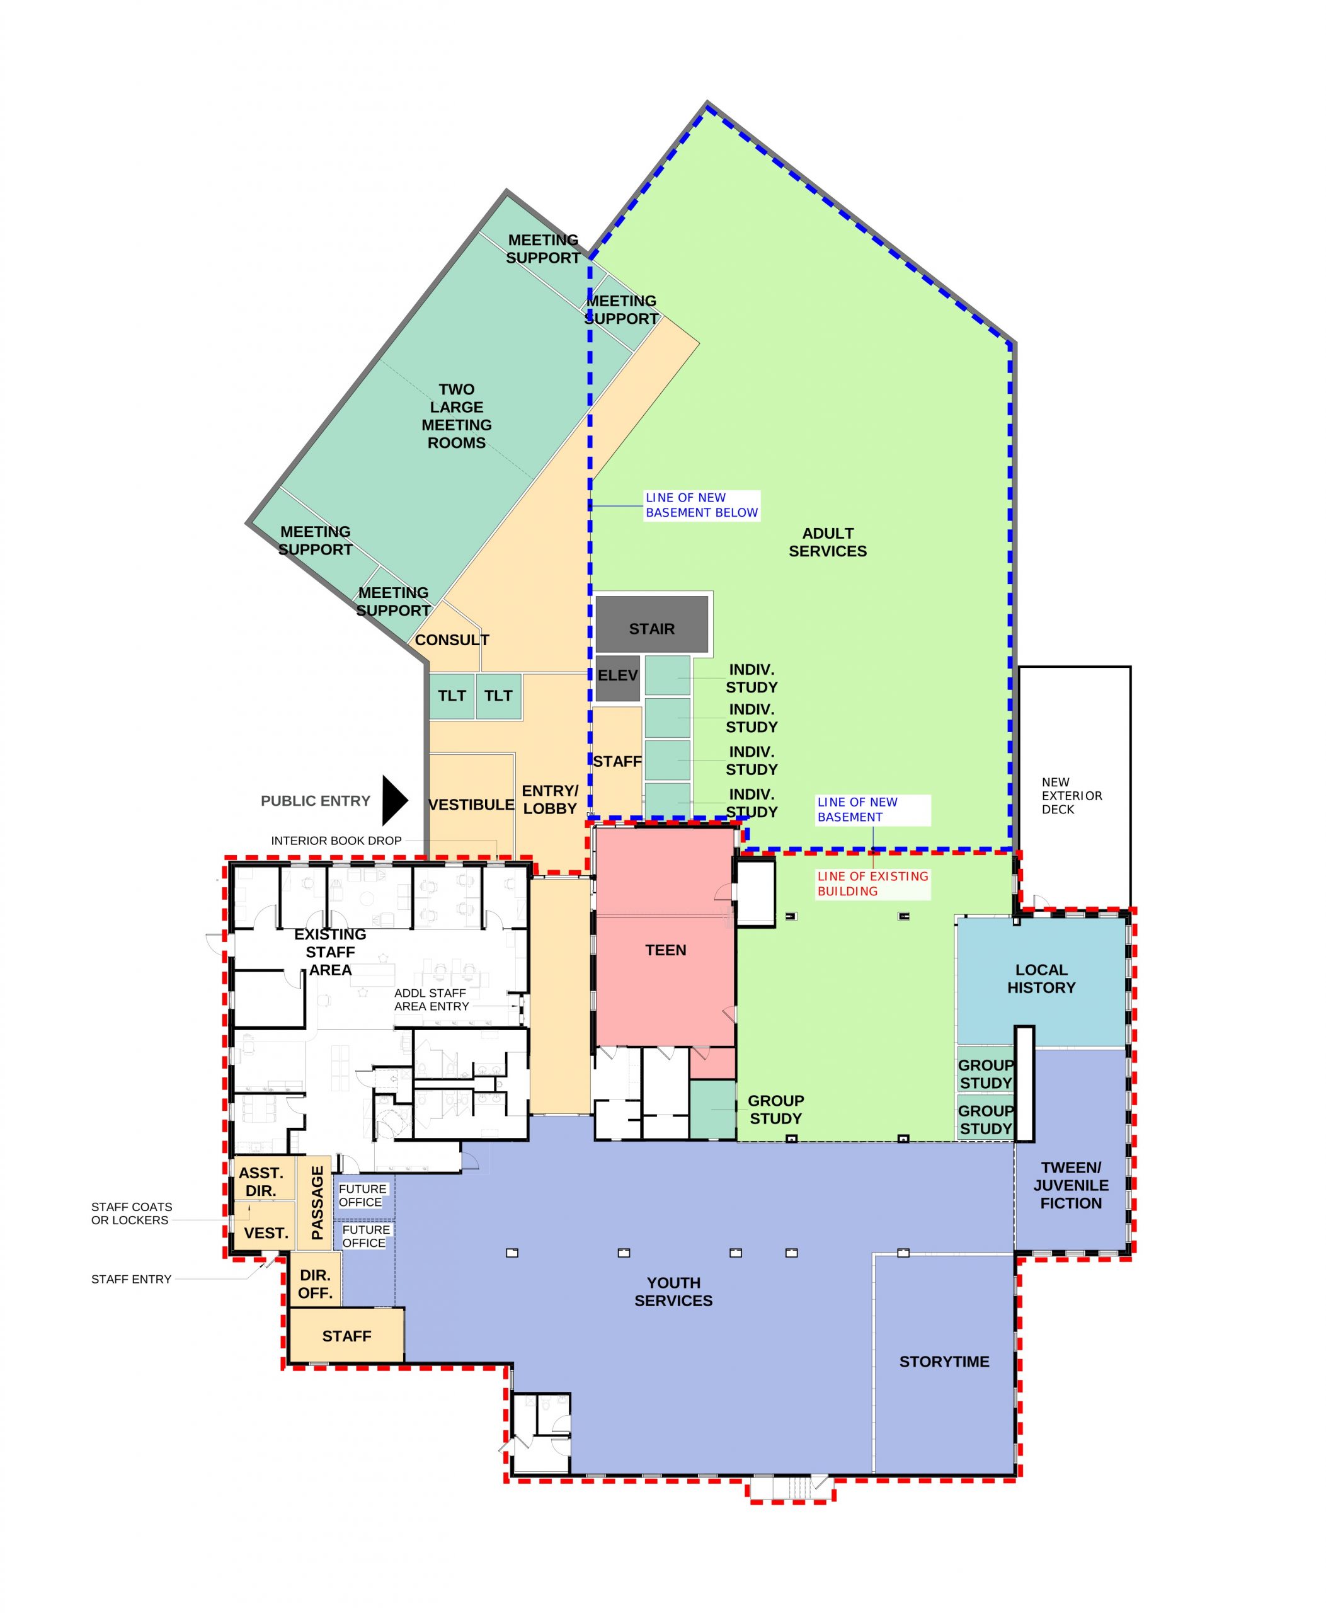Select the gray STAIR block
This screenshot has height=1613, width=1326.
coord(651,625)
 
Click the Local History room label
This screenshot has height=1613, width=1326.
coord(1041,978)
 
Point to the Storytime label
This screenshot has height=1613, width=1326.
coord(944,1361)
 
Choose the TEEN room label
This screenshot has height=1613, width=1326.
coord(665,950)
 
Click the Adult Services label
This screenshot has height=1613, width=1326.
coord(828,542)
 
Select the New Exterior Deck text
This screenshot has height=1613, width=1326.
coord(1072,795)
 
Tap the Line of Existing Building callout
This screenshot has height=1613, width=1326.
coord(873,883)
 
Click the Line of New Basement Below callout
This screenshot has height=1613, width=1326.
coord(702,505)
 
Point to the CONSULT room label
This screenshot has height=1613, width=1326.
coord(452,640)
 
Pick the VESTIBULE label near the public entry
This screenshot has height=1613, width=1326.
coord(471,805)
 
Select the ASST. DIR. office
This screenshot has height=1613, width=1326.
coord(261,1181)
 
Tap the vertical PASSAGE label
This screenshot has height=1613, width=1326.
coord(317,1203)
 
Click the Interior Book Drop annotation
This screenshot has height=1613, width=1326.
coord(336,841)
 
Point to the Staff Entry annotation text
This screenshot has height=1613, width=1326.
coord(132,1279)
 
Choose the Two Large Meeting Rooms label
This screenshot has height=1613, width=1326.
coord(457,416)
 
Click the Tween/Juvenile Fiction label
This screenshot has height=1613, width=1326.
coord(1071,1185)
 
